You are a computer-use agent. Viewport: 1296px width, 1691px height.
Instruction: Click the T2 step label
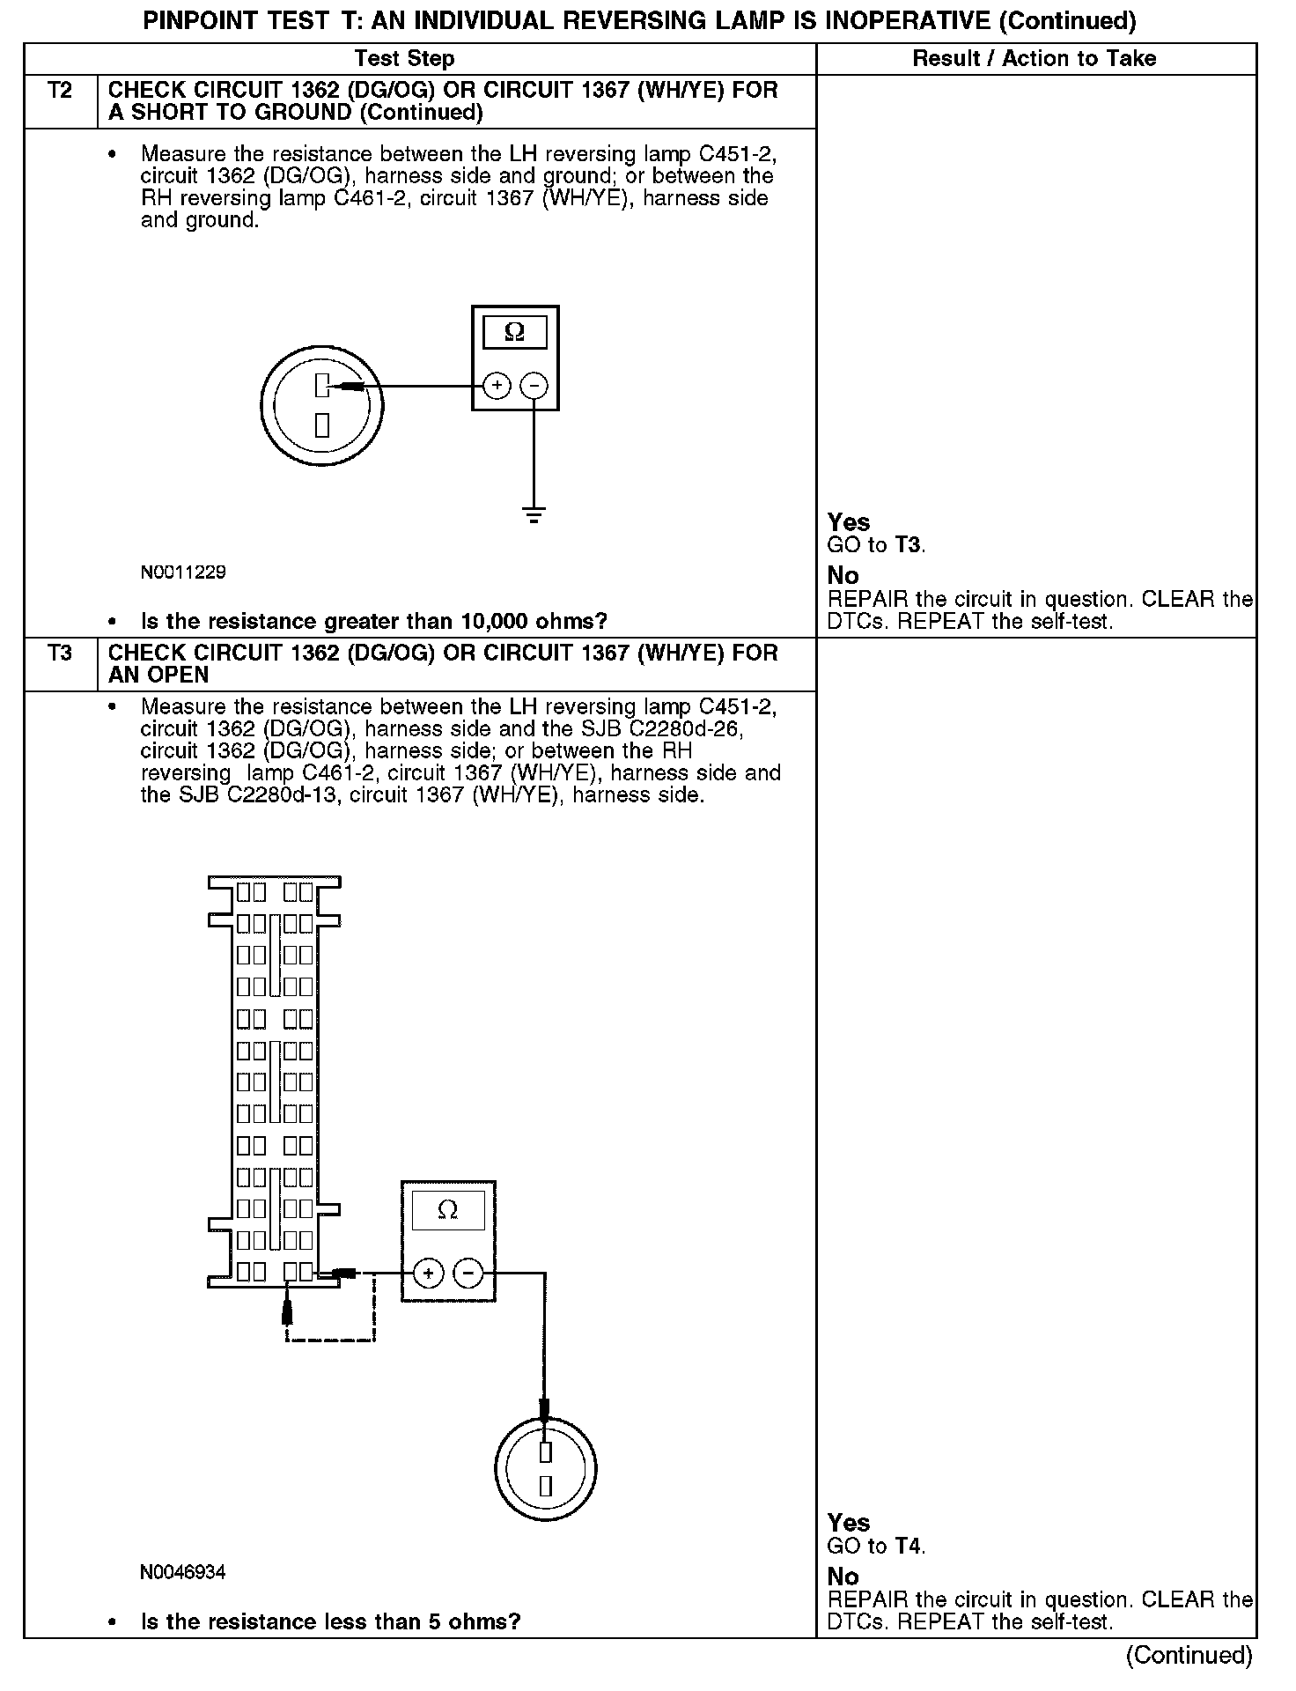pyautogui.click(x=60, y=91)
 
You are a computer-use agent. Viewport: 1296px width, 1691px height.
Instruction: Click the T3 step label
pyautogui.click(x=60, y=654)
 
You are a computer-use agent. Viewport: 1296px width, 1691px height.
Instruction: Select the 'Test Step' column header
pyautogui.click(x=404, y=59)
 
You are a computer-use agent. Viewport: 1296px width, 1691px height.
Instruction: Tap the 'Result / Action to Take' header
pyautogui.click(x=1035, y=59)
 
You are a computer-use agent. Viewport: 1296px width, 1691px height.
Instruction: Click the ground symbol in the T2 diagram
pyautogui.click(x=534, y=514)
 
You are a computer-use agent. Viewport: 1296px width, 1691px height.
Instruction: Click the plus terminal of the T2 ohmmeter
pyautogui.click(x=497, y=386)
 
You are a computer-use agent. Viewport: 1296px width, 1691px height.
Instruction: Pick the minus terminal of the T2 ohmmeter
pyautogui.click(x=534, y=386)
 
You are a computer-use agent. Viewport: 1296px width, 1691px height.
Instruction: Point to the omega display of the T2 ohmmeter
pyautogui.click(x=515, y=332)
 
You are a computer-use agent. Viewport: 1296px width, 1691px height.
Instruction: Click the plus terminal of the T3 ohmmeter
pyautogui.click(x=429, y=1273)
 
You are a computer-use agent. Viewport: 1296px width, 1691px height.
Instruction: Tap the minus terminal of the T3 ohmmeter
pyautogui.click(x=468, y=1273)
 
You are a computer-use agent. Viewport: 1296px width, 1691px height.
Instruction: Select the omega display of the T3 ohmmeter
pyautogui.click(x=447, y=1210)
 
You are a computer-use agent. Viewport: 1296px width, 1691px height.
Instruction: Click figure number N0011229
pyautogui.click(x=183, y=572)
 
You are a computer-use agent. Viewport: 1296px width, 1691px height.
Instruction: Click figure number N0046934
pyautogui.click(x=183, y=1572)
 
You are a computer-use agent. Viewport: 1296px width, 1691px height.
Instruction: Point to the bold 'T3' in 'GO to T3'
pyautogui.click(x=909, y=545)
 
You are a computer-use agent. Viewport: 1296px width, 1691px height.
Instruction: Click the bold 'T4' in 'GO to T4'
pyautogui.click(x=909, y=1546)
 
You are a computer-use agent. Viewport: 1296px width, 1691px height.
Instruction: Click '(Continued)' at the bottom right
pyautogui.click(x=1189, y=1655)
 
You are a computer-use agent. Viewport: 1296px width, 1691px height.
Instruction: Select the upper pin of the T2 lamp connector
pyautogui.click(x=322, y=386)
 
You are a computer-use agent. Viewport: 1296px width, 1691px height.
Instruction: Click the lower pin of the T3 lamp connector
pyautogui.click(x=546, y=1487)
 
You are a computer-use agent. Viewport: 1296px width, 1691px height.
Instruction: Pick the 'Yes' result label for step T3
pyautogui.click(x=849, y=1523)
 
